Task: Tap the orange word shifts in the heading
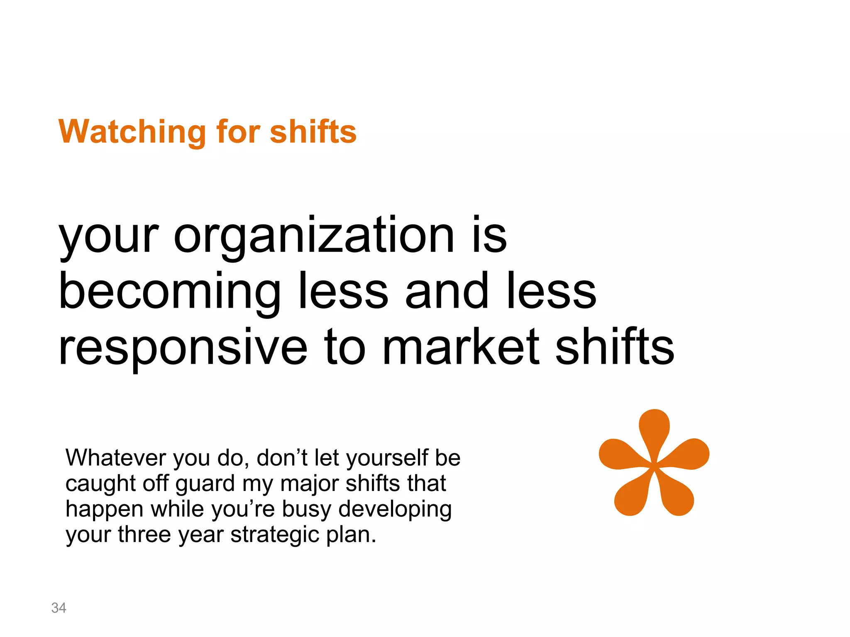coord(313,132)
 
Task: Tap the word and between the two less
coord(447,292)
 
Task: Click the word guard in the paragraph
coord(205,484)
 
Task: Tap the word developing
coord(395,510)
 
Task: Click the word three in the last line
coord(144,535)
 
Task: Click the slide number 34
coord(59,608)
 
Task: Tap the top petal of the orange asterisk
coord(654,427)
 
